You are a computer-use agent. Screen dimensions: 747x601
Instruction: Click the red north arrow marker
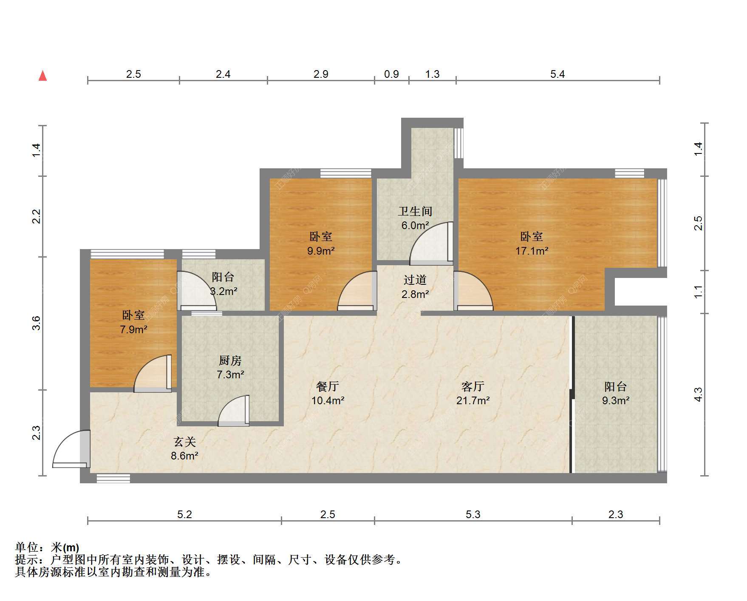42,76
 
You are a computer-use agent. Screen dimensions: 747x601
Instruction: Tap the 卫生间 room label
415,211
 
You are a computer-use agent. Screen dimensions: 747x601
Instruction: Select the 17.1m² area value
532,251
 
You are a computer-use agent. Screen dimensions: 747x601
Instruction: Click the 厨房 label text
230,360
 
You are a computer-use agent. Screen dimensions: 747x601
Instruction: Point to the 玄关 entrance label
185,442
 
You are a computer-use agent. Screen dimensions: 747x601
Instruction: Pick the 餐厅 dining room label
328,386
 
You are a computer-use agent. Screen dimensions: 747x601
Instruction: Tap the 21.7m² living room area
473,400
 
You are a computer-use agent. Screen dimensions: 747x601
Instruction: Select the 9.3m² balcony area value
616,400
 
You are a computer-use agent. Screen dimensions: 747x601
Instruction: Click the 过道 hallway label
415,280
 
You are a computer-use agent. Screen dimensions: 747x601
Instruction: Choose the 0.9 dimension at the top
391,74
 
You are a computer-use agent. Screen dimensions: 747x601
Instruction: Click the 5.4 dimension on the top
557,74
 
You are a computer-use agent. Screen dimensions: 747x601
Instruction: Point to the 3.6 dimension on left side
37,323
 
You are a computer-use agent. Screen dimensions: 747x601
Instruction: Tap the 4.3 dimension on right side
698,394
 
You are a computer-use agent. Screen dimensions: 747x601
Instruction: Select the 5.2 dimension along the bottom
184,515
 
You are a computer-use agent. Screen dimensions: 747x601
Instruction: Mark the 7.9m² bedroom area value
133,329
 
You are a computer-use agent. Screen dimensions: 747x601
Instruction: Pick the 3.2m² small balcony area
224,292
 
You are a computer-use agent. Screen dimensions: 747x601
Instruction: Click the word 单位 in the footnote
27,547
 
